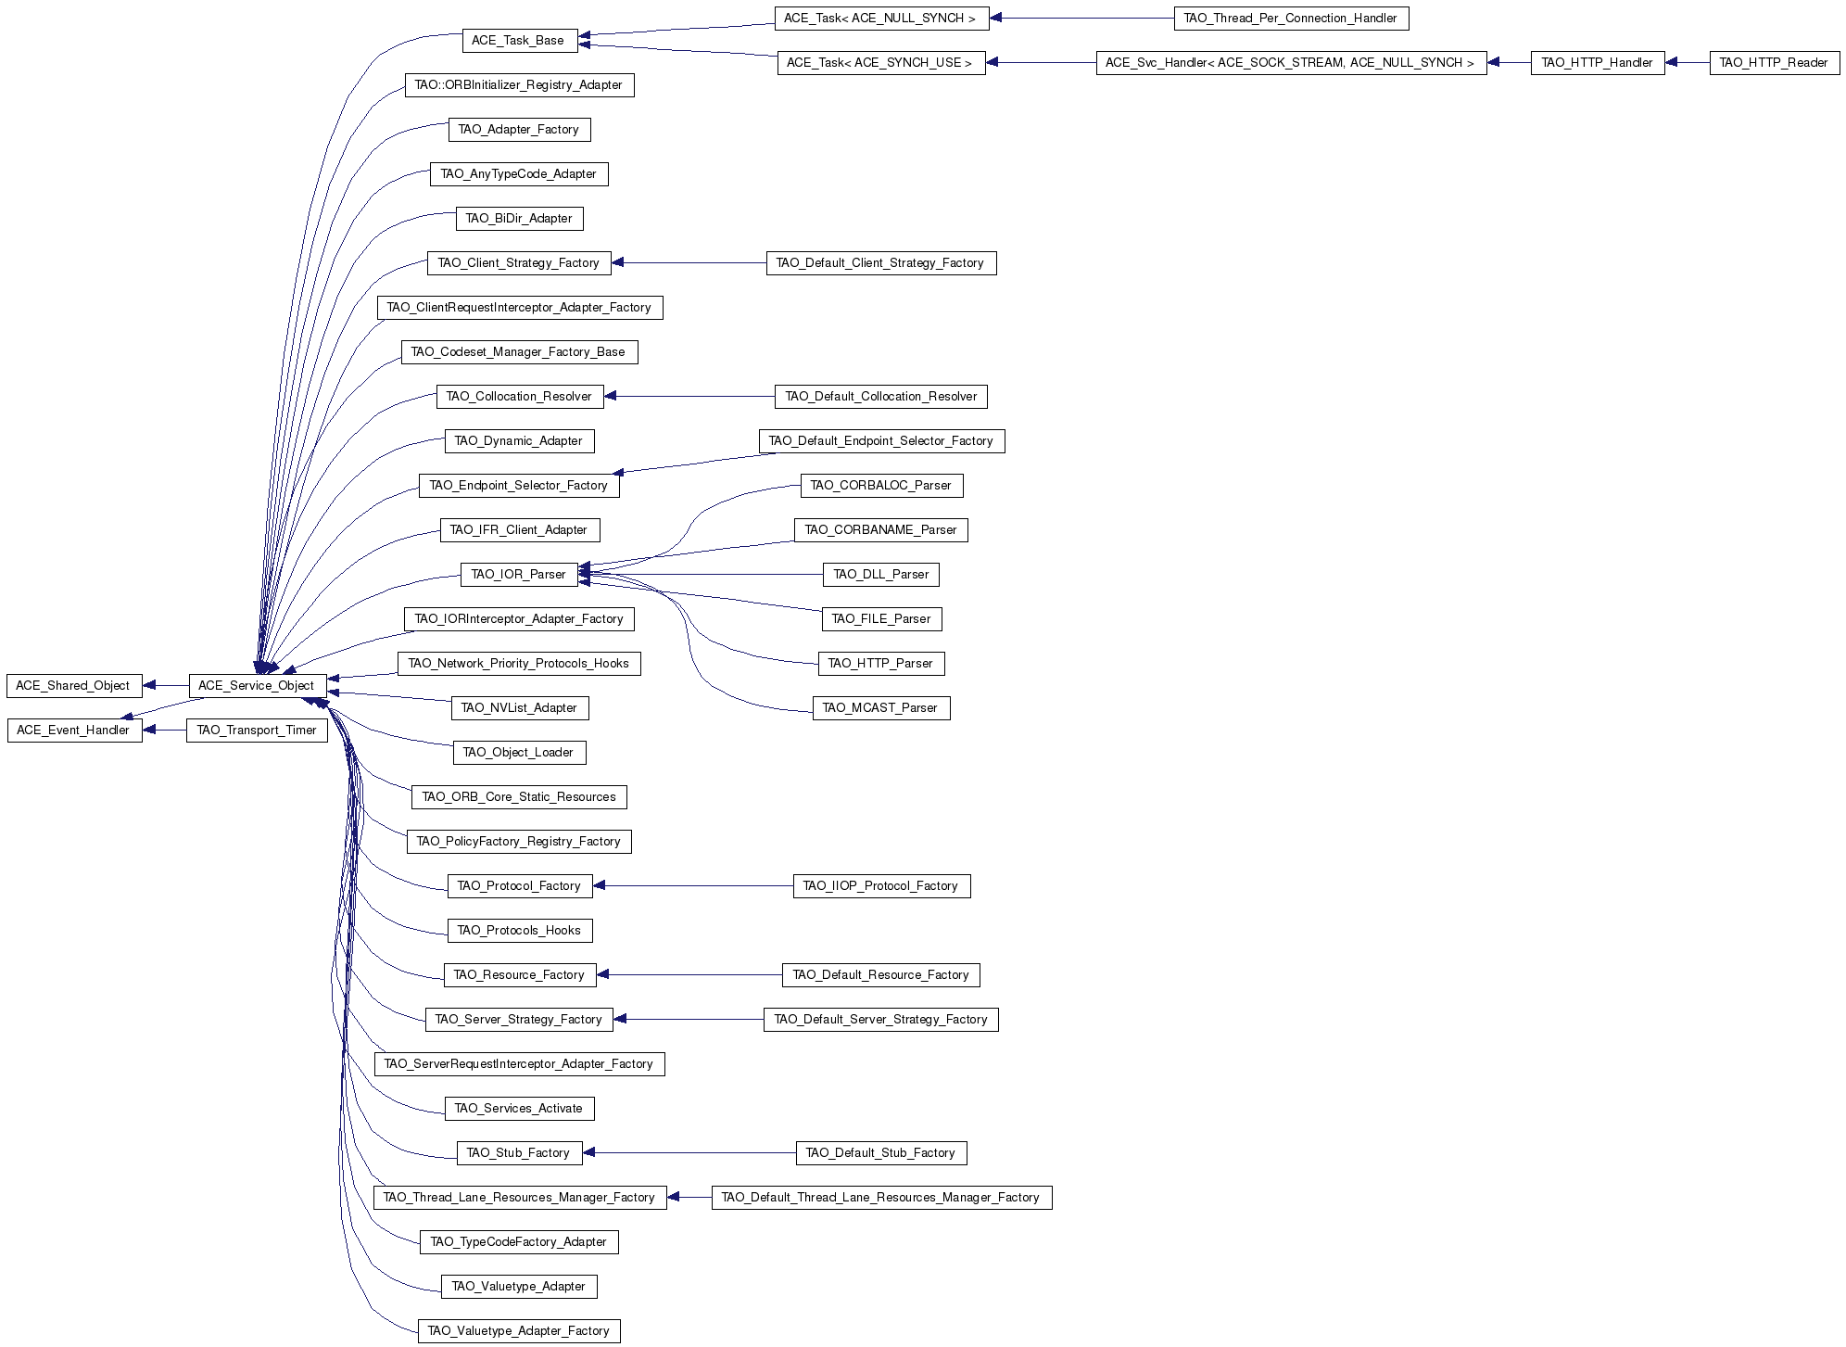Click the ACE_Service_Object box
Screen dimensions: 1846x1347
coord(258,686)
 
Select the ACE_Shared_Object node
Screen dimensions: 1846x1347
coord(74,686)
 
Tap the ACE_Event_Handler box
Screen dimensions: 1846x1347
coord(74,731)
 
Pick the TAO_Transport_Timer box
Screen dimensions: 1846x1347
coord(257,731)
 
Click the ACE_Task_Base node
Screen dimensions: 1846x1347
coord(519,41)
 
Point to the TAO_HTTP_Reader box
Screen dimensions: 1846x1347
coord(1774,63)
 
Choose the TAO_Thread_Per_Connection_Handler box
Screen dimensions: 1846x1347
coord(1291,19)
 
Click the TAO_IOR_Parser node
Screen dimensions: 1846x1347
coord(519,575)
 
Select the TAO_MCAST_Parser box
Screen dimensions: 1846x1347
coord(881,708)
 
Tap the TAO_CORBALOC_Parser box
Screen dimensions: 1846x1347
coord(881,486)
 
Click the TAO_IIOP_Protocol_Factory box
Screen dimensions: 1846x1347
coord(881,886)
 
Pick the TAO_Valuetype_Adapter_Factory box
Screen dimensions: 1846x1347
coord(519,1331)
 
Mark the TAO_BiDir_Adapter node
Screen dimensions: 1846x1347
coord(519,219)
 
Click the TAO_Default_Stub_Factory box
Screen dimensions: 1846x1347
coord(881,1153)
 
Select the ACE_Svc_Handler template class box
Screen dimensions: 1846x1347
coord(1291,63)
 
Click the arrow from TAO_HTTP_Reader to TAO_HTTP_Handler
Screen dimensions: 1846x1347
coord(1687,63)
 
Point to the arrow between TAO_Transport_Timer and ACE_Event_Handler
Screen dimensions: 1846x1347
coord(164,731)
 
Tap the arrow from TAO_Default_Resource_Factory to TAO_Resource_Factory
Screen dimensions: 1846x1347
coord(689,975)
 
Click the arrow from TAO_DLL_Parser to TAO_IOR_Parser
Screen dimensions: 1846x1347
coord(700,575)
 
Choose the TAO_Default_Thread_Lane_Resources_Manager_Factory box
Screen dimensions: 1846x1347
coord(881,1198)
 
